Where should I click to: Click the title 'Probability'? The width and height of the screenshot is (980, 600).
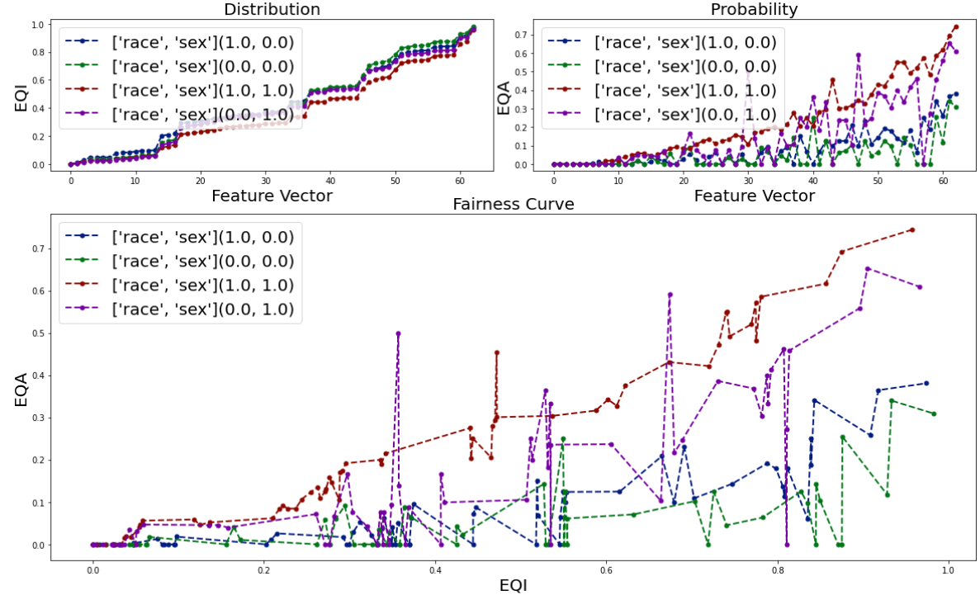[x=754, y=10]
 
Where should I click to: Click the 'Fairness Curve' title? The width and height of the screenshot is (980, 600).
[x=513, y=204]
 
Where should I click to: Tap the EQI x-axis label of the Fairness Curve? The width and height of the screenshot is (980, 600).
[x=514, y=585]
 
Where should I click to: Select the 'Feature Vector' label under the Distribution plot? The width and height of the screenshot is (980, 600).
[x=272, y=196]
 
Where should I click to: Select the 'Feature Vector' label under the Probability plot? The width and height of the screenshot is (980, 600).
[x=754, y=196]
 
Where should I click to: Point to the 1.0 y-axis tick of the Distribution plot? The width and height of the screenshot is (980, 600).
[x=38, y=25]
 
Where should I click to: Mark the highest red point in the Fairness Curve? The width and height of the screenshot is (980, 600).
[x=912, y=229]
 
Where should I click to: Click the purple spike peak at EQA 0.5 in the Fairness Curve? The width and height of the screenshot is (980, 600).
[x=398, y=333]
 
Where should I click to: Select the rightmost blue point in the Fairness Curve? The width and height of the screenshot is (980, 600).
[x=926, y=383]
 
